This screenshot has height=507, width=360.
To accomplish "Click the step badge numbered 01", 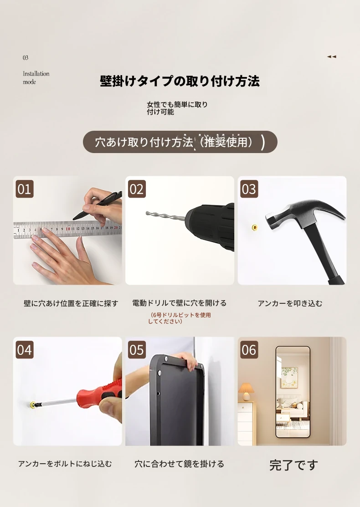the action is tap(25, 189).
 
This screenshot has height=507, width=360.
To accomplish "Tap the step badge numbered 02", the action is tap(137, 189).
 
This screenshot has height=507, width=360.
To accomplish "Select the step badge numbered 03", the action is tap(249, 189).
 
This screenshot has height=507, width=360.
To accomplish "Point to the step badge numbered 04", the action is tap(25, 349).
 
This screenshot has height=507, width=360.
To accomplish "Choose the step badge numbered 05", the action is tap(137, 349).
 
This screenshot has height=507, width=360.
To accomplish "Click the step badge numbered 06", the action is tap(249, 349).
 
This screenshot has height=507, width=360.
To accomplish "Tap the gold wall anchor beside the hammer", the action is tap(255, 228).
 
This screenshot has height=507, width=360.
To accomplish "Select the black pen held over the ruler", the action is tap(97, 205).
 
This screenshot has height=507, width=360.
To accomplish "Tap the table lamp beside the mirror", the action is tap(246, 392).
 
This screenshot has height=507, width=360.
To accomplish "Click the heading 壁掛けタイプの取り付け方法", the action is tap(180, 81).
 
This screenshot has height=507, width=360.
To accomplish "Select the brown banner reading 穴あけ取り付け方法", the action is tap(180, 142).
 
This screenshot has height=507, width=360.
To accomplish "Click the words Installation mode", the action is tap(36, 77).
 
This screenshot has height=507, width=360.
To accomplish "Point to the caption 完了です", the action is tap(293, 465).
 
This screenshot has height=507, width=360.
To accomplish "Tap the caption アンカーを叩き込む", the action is tap(290, 303).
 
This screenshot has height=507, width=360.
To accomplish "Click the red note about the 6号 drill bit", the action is tap(180, 318).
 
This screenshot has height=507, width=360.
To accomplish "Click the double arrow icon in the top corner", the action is tap(332, 56).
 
